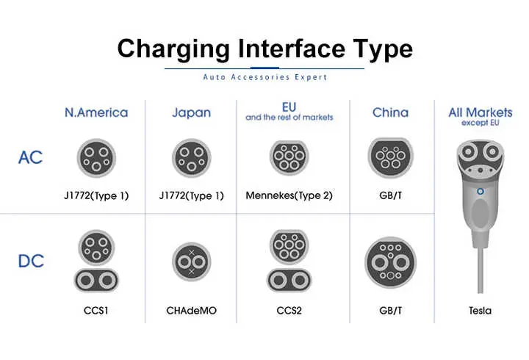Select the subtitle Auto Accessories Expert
pos(264,77)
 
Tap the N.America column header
pos(96,112)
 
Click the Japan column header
pos(191,112)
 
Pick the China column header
pos(390,112)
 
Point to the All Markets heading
pos(480,112)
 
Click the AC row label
pos(30,157)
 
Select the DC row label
pos(30,260)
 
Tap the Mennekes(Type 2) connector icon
pos(289,156)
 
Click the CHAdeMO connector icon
pos(192,261)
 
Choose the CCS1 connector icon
pos(96,261)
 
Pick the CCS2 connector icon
pos(289,261)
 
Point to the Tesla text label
pos(480,311)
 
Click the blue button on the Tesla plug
pos(481,192)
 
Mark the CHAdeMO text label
pos(192,311)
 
